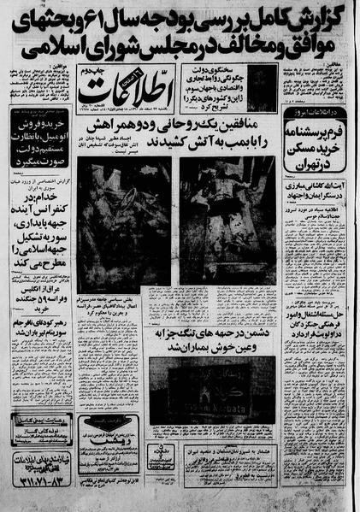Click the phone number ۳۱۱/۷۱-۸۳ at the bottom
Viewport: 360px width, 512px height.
(x=38, y=493)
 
